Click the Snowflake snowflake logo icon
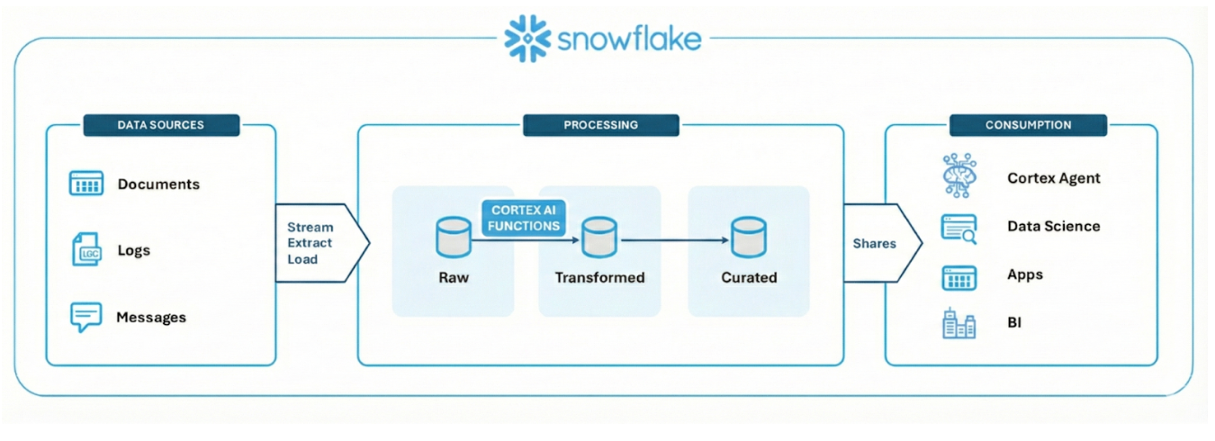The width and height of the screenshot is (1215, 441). pyautogui.click(x=526, y=38)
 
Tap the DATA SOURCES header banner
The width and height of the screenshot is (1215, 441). pyautogui.click(x=161, y=125)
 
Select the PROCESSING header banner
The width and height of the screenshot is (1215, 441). pyautogui.click(x=600, y=125)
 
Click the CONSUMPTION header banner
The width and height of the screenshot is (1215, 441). pyautogui.click(x=1028, y=125)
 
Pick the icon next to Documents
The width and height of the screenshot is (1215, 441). pyautogui.click(x=86, y=184)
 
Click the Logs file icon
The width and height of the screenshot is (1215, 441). pyautogui.click(x=86, y=250)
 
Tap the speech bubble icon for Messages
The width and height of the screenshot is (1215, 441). pyautogui.click(x=85, y=317)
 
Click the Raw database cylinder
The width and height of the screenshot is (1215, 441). pyautogui.click(x=453, y=237)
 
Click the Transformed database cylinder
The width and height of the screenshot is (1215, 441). pyautogui.click(x=599, y=237)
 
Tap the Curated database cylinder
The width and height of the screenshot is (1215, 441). pyautogui.click(x=748, y=237)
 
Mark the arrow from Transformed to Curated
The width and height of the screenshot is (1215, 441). pyautogui.click(x=674, y=240)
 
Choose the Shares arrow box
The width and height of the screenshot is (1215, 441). pyautogui.click(x=878, y=243)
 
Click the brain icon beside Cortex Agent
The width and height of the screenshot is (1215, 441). pyautogui.click(x=958, y=175)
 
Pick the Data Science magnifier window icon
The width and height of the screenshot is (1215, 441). pyautogui.click(x=958, y=227)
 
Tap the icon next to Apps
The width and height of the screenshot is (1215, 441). pyautogui.click(x=958, y=277)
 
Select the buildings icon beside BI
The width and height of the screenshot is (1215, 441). pyautogui.click(x=958, y=324)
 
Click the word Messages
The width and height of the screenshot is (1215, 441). pyautogui.click(x=151, y=318)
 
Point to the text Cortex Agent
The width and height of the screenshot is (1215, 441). pyautogui.click(x=1053, y=178)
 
